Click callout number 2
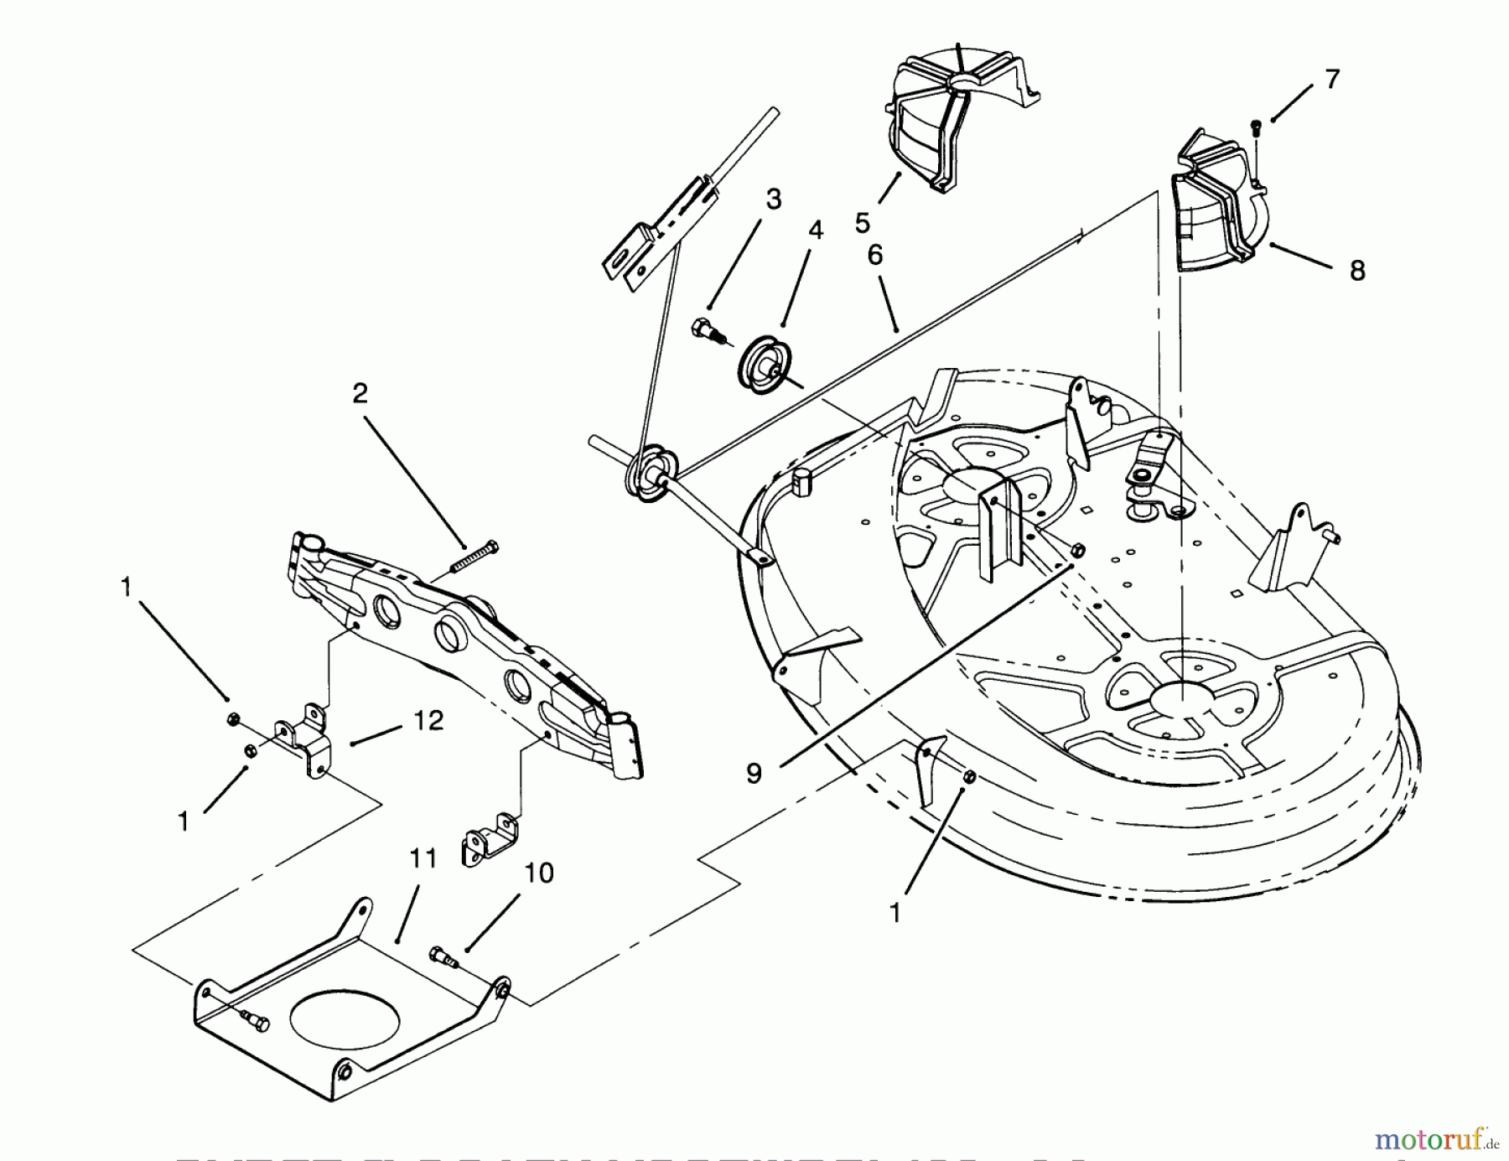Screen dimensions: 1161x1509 click(360, 393)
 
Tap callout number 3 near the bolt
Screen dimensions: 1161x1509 click(773, 200)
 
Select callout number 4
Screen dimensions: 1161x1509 click(815, 230)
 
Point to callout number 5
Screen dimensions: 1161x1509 click(863, 223)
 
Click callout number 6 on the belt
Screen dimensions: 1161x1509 click(875, 255)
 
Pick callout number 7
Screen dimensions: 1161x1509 click(1332, 80)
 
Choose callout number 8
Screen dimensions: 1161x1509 click(1357, 270)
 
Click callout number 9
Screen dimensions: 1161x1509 click(754, 773)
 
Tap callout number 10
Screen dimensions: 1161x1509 click(539, 873)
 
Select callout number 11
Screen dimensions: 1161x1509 click(423, 858)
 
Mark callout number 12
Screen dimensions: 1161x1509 click(429, 721)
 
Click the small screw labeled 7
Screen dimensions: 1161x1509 click(1255, 127)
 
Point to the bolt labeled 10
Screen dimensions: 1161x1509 click(444, 956)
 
